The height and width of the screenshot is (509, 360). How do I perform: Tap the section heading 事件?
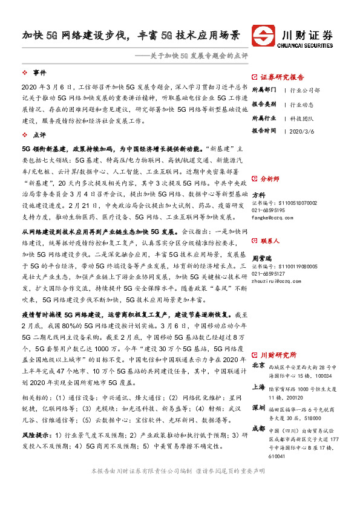(x=39, y=73)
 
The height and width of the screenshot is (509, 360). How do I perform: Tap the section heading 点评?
(x=39, y=135)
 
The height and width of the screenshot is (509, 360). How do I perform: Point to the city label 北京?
(x=258, y=366)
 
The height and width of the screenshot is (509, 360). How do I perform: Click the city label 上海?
(x=258, y=387)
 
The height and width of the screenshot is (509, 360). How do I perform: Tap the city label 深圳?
(x=258, y=407)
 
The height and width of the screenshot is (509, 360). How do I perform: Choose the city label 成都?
(x=258, y=429)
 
